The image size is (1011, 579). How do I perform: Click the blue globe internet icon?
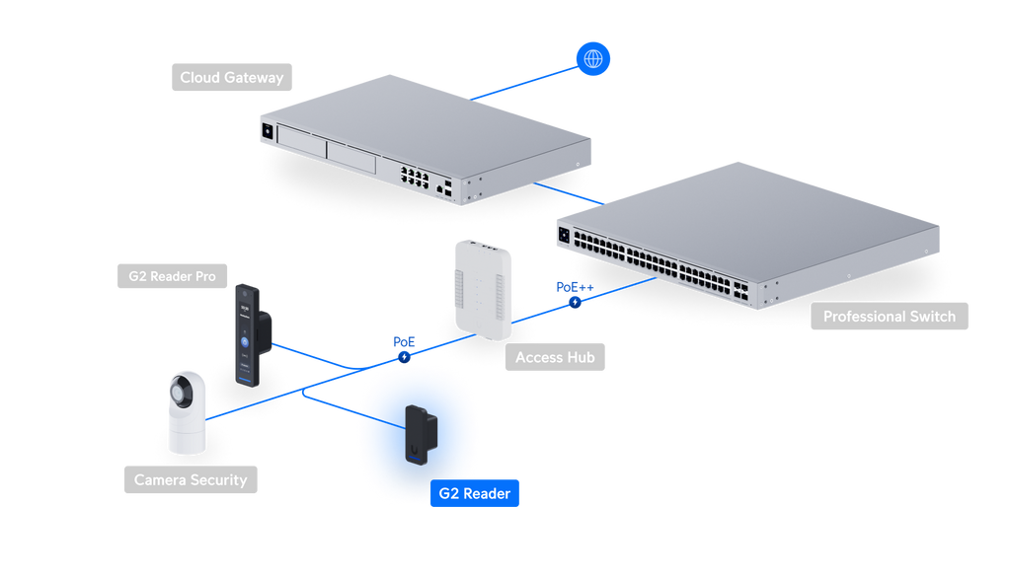592,58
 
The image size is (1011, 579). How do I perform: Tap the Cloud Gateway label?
231,77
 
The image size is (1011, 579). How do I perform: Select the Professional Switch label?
890,317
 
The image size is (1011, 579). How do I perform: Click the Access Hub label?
555,357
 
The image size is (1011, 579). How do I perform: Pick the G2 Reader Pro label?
172,276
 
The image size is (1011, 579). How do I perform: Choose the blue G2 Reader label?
475,493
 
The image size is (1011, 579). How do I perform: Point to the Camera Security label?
191,479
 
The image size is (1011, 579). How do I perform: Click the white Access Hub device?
483,290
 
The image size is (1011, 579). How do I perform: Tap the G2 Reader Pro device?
252,335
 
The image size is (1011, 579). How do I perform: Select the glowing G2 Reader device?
421,435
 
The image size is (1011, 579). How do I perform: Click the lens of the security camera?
180,391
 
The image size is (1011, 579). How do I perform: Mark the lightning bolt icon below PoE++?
575,302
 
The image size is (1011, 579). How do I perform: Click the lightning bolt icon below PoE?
404,357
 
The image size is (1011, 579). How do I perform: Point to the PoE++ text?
575,287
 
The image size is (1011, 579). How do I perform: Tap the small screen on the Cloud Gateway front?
268,131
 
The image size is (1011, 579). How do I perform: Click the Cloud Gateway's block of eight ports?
415,176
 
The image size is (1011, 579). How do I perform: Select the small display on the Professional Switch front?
564,235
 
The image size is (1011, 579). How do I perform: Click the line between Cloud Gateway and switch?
569,194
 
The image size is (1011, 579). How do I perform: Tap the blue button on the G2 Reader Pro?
245,342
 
